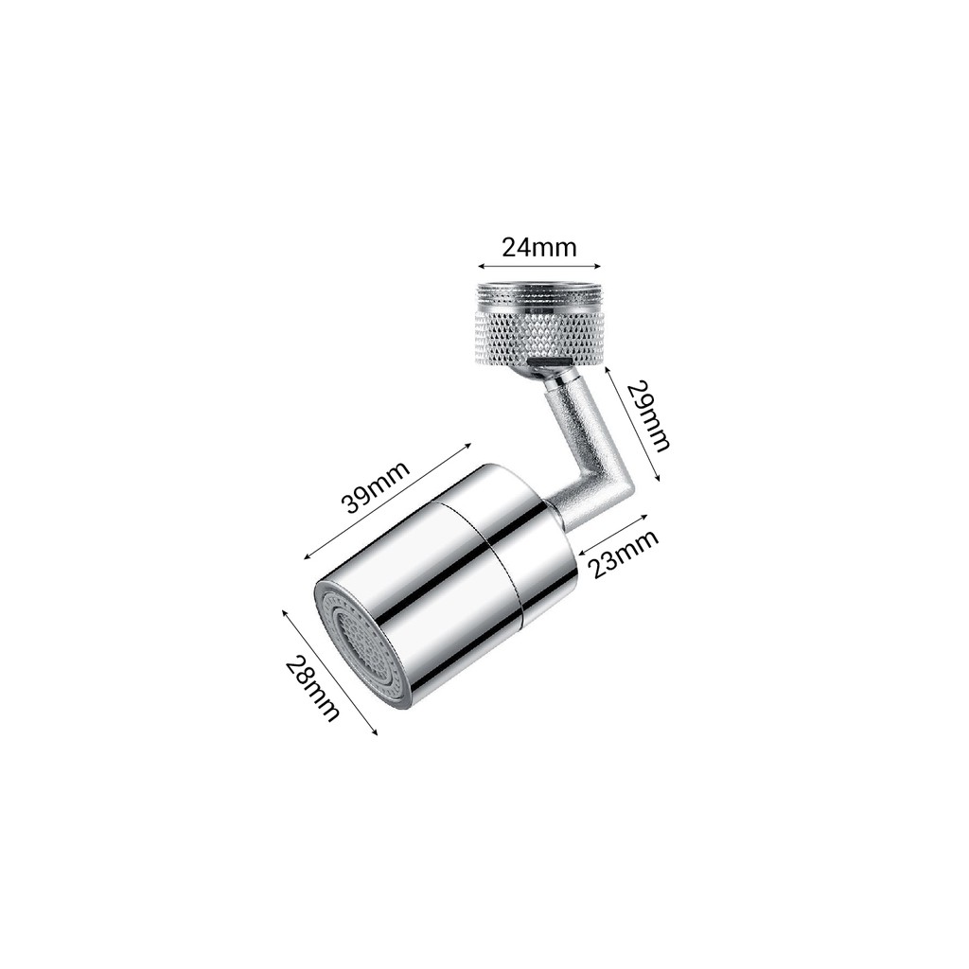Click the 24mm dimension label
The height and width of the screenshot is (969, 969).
tap(538, 247)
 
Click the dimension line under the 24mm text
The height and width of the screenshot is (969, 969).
tap(538, 266)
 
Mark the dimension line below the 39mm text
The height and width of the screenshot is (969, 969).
tap(387, 501)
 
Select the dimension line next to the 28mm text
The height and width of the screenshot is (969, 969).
tap(329, 673)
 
